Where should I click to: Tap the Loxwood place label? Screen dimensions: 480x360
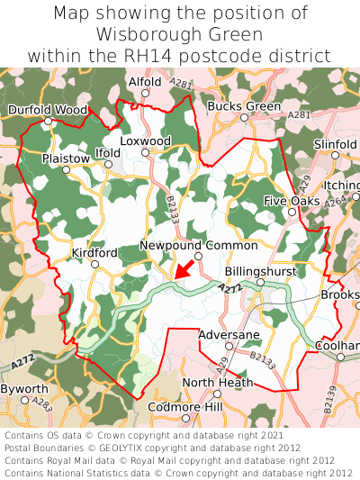coord(145,141)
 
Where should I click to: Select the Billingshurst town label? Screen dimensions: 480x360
coord(260,270)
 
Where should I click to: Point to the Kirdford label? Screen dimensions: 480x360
coord(94,253)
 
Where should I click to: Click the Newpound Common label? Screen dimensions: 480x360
coord(199,245)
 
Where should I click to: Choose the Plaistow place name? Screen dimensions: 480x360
coord(66,158)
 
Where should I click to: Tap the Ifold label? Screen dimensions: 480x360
coord(107,153)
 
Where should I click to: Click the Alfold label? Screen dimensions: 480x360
coord(145,82)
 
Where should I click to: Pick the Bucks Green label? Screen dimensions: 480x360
coord(244,105)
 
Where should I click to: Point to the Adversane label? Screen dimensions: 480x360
coord(229,334)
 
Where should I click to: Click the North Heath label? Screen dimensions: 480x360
coord(217,383)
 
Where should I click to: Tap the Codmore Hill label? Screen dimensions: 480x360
coord(185,407)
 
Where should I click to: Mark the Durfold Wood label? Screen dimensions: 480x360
coord(48,110)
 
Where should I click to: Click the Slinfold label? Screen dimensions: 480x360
coord(335,144)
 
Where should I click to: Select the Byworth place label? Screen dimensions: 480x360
coord(23,389)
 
